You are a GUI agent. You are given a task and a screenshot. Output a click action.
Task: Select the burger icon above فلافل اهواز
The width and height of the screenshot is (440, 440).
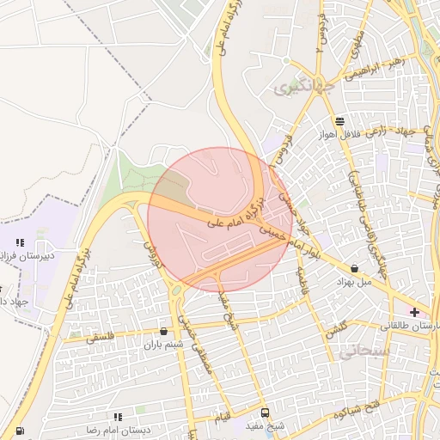[x=340, y=121]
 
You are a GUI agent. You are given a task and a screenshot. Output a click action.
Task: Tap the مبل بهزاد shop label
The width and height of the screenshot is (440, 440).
[x=353, y=282]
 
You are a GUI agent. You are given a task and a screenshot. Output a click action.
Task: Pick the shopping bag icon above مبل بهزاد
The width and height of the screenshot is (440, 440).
[x=355, y=268]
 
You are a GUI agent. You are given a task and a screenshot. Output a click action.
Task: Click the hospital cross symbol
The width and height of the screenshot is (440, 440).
[x=414, y=311]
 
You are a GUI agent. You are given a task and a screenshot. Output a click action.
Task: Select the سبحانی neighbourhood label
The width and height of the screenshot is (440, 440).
[x=364, y=351]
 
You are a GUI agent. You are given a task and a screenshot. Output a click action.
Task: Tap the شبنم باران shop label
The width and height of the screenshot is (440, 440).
[x=164, y=345]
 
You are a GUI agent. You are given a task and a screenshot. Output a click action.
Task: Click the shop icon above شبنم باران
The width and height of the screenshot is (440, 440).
[x=164, y=331]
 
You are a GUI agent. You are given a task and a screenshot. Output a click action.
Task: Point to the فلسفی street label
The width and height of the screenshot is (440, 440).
[x=104, y=338]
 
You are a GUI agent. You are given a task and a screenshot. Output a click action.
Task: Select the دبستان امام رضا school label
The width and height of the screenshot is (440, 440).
[x=121, y=428]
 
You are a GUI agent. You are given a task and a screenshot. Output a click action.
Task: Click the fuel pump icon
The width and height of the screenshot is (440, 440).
[x=19, y=431]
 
